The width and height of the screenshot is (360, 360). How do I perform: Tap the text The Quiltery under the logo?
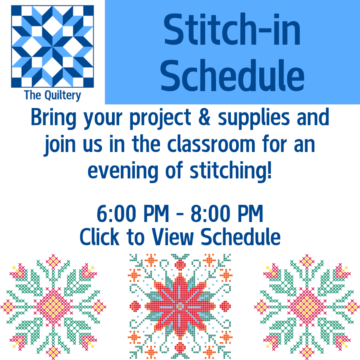point(52,95)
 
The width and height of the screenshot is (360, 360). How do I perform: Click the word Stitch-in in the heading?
point(232,30)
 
